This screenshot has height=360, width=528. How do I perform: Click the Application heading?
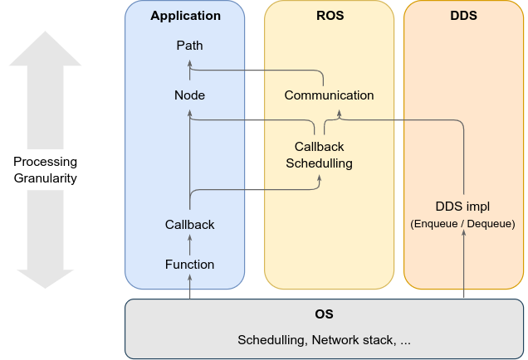pyautogui.click(x=186, y=16)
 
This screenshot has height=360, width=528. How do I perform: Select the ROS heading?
pyautogui.click(x=330, y=16)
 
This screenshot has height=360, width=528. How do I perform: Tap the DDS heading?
pyautogui.click(x=463, y=16)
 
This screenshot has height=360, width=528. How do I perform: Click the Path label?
pyautogui.click(x=189, y=45)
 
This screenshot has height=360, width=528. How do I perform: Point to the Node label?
pyautogui.click(x=189, y=95)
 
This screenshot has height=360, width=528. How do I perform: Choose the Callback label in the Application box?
pyautogui.click(x=189, y=225)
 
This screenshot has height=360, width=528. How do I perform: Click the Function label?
pyautogui.click(x=189, y=265)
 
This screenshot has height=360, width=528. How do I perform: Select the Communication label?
pyautogui.click(x=329, y=95)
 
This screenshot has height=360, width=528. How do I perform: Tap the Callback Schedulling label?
pyautogui.click(x=319, y=155)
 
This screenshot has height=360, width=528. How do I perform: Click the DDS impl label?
pyautogui.click(x=463, y=207)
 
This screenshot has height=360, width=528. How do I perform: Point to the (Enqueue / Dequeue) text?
pyautogui.click(x=463, y=224)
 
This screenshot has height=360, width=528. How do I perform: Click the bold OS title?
pyautogui.click(x=325, y=315)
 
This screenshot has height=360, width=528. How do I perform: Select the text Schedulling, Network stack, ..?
pyautogui.click(x=325, y=340)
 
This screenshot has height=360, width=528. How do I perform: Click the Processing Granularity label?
pyautogui.click(x=46, y=170)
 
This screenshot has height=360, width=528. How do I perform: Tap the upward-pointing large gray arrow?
pyautogui.click(x=46, y=91)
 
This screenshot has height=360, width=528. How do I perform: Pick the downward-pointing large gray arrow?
pyautogui.click(x=46, y=241)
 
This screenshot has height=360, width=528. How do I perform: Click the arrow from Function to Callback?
pyautogui.click(x=190, y=245)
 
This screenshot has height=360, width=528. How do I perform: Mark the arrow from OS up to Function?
pyautogui.click(x=190, y=287)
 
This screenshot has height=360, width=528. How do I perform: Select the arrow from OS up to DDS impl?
pyautogui.click(x=463, y=265)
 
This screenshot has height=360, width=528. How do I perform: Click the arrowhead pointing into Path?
pyautogui.click(x=190, y=61)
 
